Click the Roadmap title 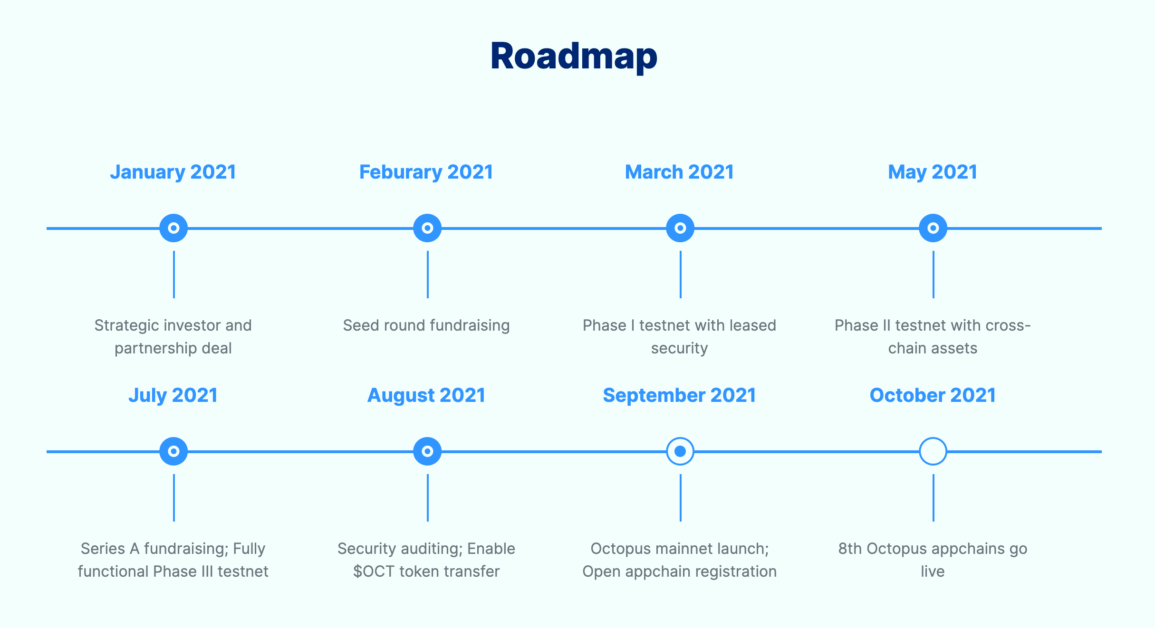pyautogui.click(x=574, y=56)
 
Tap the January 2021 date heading pyautogui.click(x=173, y=172)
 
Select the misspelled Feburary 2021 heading pyautogui.click(x=426, y=172)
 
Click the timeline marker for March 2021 pyautogui.click(x=680, y=228)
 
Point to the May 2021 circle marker pyautogui.click(x=933, y=228)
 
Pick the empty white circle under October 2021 pyautogui.click(x=933, y=451)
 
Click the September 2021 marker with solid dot pyautogui.click(x=680, y=451)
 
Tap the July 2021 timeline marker pyautogui.click(x=173, y=451)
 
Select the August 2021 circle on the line pyautogui.click(x=427, y=451)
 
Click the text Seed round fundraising pyautogui.click(x=426, y=325)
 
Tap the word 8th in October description pyautogui.click(x=850, y=549)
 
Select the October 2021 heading pyautogui.click(x=933, y=395)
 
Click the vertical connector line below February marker pyautogui.click(x=427, y=275)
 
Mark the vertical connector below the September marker pyautogui.click(x=680, y=498)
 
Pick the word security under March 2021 pyautogui.click(x=679, y=349)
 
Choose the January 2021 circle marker pyautogui.click(x=173, y=228)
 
